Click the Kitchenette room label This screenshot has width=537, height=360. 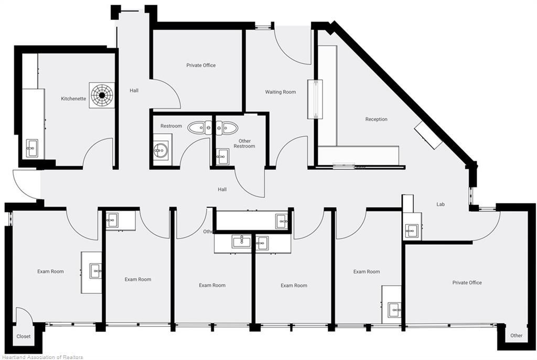click(x=73, y=99)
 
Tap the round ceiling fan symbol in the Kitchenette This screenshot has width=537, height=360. click(x=102, y=95)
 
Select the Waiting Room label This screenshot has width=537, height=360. click(x=281, y=92)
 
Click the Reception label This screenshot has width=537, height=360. click(x=376, y=119)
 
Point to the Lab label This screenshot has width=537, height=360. click(x=441, y=204)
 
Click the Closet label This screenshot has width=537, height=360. click(x=23, y=336)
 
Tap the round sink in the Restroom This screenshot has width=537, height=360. click(x=160, y=150)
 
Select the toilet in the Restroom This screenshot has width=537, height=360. click(x=200, y=128)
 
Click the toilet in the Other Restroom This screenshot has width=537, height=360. click(x=225, y=128)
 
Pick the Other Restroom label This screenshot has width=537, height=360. click(x=244, y=144)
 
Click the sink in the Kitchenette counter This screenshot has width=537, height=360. click(x=32, y=148)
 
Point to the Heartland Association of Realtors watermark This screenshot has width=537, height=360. click(x=42, y=357)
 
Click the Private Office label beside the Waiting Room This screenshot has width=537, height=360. click(x=201, y=65)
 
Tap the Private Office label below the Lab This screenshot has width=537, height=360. click(x=467, y=282)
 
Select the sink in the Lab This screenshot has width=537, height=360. click(x=411, y=231)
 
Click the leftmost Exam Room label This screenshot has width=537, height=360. click(x=50, y=271)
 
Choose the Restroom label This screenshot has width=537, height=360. click(x=171, y=126)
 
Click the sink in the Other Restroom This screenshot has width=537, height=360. click(x=222, y=156)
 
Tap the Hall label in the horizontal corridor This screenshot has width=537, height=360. click(x=222, y=189)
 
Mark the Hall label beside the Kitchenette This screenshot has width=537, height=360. click(x=134, y=90)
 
